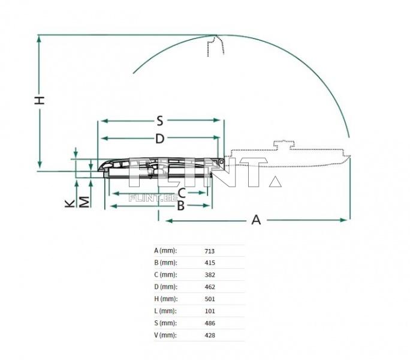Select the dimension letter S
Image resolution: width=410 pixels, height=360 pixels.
click(x=160, y=120)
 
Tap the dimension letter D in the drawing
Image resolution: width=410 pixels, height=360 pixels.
click(x=159, y=139)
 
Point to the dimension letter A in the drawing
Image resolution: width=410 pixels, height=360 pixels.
click(x=256, y=220)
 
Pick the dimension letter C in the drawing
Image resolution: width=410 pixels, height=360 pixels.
click(x=180, y=193)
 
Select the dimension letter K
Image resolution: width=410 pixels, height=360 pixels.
click(x=70, y=203)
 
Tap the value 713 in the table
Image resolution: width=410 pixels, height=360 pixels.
click(x=210, y=251)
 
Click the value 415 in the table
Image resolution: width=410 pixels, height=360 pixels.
click(x=210, y=263)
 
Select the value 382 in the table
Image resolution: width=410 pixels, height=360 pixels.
click(x=210, y=275)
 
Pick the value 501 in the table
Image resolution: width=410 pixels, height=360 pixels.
click(x=210, y=299)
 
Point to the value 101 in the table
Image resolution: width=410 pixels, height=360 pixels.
click(x=210, y=311)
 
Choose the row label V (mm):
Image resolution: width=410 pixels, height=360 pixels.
click(x=165, y=335)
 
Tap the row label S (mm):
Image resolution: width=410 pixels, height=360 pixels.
click(x=165, y=323)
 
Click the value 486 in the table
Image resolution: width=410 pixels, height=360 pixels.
click(x=210, y=323)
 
